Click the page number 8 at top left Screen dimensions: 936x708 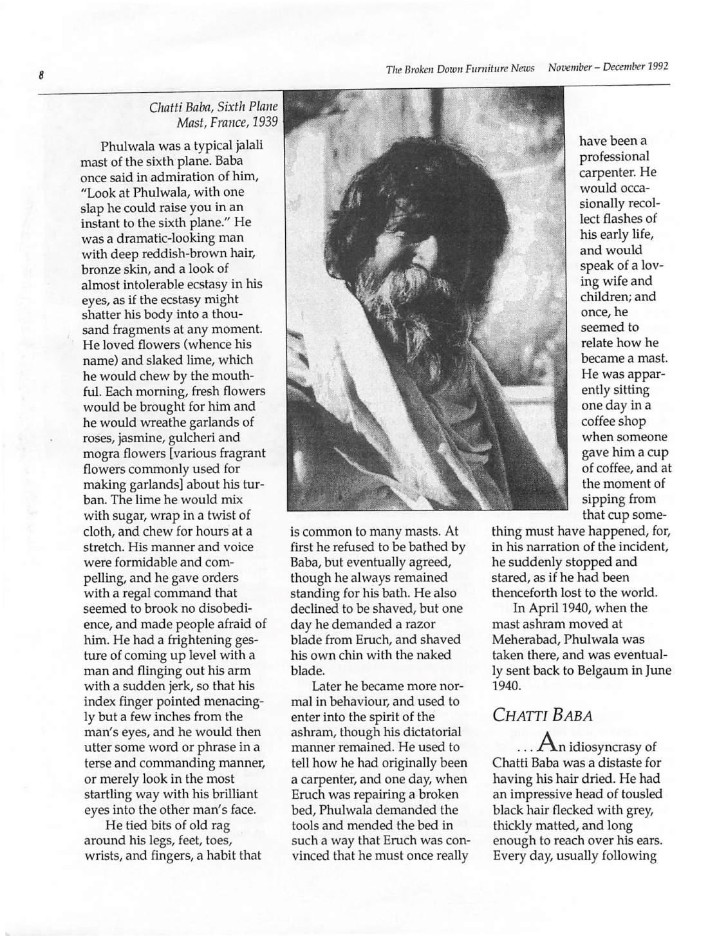(40, 75)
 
